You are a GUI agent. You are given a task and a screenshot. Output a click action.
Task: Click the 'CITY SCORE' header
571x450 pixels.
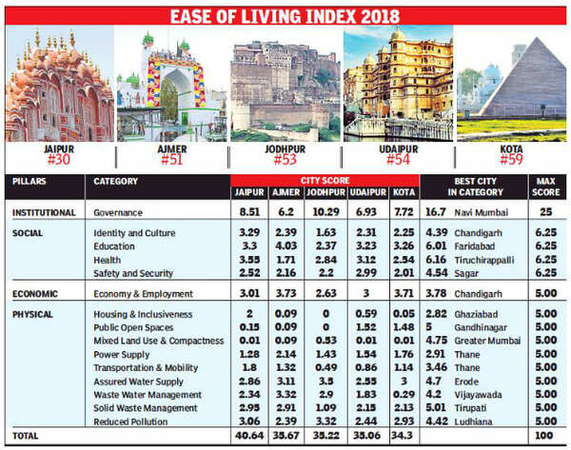(324, 180)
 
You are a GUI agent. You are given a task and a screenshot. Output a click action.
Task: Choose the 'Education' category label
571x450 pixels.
(116, 245)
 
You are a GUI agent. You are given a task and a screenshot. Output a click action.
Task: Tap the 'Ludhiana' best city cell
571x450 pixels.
(476, 420)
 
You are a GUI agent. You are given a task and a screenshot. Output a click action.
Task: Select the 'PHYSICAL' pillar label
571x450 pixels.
(34, 313)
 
